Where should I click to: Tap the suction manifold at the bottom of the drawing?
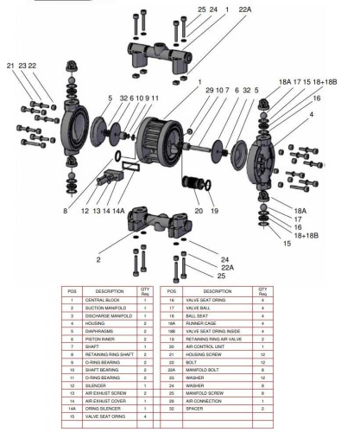pos(158,226)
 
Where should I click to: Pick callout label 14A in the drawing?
pos(119,210)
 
